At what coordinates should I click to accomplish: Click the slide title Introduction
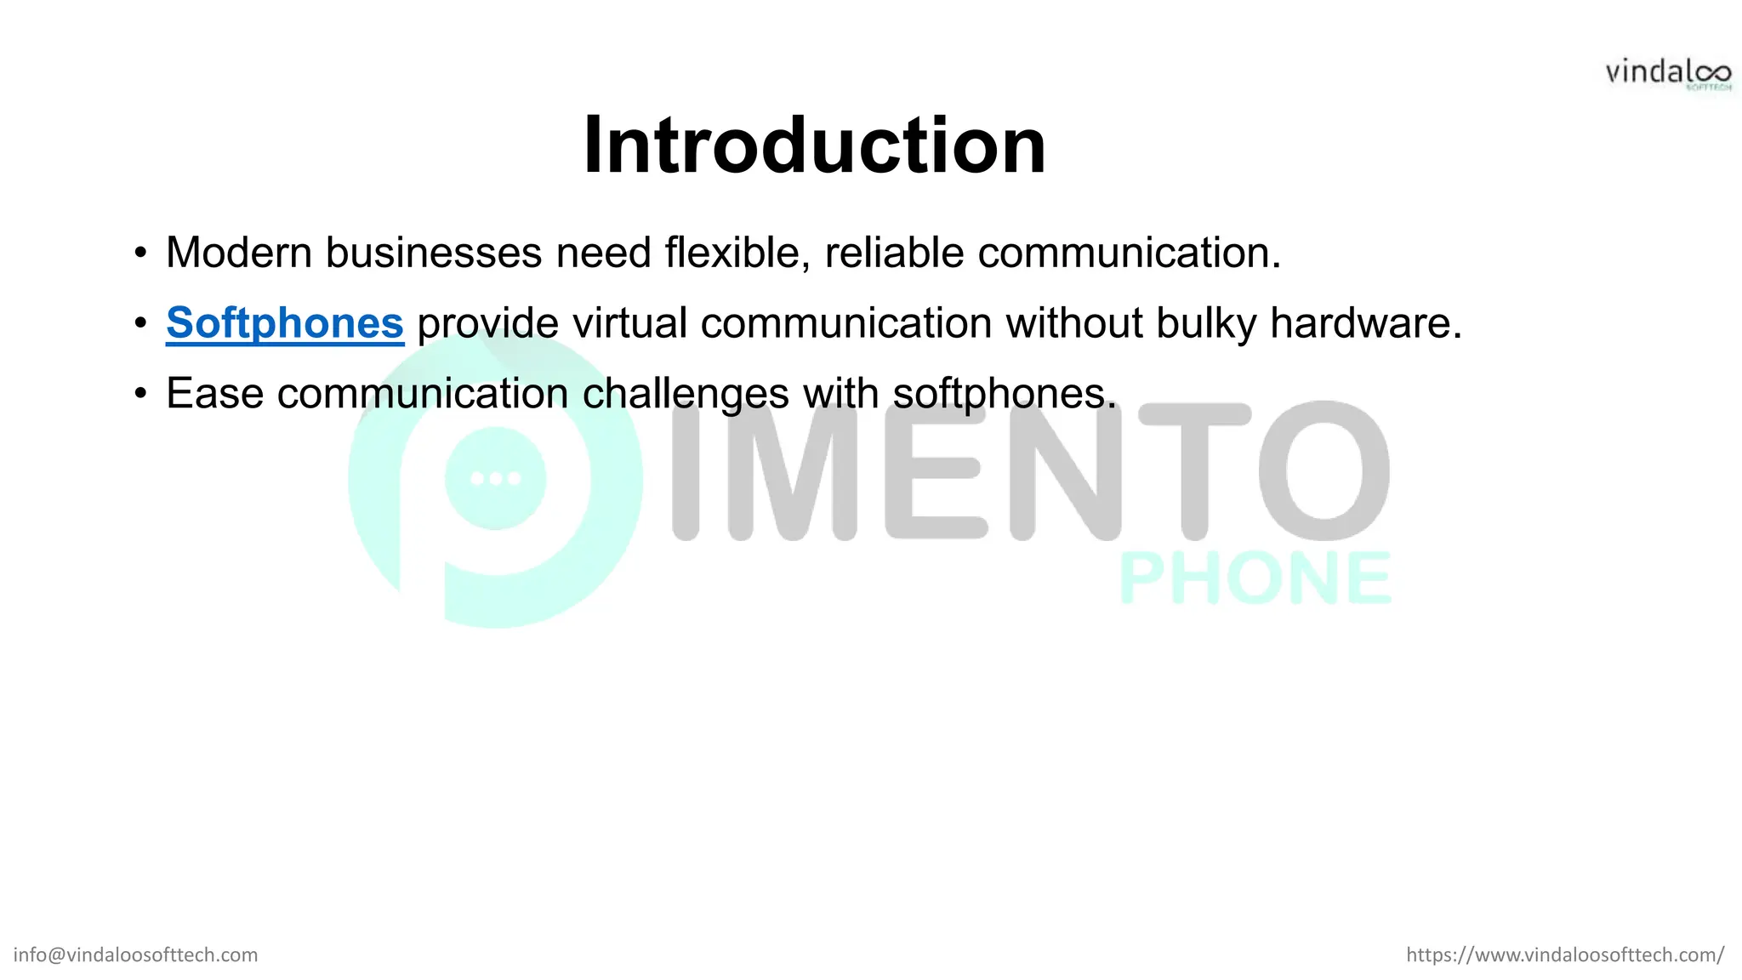(814, 145)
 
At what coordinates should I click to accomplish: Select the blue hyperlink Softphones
(284, 323)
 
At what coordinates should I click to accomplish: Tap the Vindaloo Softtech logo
(1667, 74)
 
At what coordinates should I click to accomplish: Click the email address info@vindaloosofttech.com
(135, 954)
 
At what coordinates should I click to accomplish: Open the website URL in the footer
(1565, 954)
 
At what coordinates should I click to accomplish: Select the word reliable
(894, 253)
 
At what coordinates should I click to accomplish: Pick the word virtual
(629, 323)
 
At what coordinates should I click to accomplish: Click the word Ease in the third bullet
(214, 394)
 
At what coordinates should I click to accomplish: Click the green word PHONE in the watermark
(1255, 578)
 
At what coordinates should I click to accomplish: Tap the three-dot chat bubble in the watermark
(496, 478)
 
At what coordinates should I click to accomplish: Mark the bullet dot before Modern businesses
(140, 254)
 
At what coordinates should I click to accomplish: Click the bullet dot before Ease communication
(140, 395)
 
